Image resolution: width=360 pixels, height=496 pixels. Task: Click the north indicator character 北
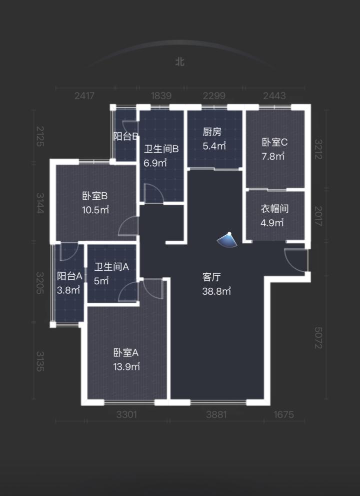pos(180,62)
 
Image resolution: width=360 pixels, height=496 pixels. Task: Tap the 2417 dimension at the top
pos(84,96)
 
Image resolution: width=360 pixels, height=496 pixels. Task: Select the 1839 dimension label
pos(161,96)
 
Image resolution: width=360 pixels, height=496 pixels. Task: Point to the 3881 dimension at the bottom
pos(216,414)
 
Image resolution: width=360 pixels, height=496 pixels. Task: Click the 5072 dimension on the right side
pos(318,338)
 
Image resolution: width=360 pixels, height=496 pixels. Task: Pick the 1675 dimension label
pos(283,414)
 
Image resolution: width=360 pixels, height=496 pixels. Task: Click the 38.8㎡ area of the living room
pos(216,291)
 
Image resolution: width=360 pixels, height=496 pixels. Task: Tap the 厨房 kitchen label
pos(212,132)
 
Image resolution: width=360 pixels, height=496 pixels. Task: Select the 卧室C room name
pos(274,142)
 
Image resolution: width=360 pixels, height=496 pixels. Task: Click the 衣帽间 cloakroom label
pos(274,209)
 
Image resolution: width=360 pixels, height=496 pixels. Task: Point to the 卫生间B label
pos(161,149)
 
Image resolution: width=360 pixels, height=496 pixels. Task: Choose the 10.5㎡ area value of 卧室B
pos(95,210)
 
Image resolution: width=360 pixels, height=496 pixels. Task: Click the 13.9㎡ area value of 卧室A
pos(126,367)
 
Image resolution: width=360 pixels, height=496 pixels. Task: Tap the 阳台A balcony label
pos(69,276)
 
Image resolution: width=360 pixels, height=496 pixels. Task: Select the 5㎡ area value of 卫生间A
pos(101,281)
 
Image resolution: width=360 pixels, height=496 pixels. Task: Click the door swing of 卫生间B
pos(154,193)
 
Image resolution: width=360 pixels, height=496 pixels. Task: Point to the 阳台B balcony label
pos(126,136)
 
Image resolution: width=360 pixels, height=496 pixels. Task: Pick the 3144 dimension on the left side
pos(40,203)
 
